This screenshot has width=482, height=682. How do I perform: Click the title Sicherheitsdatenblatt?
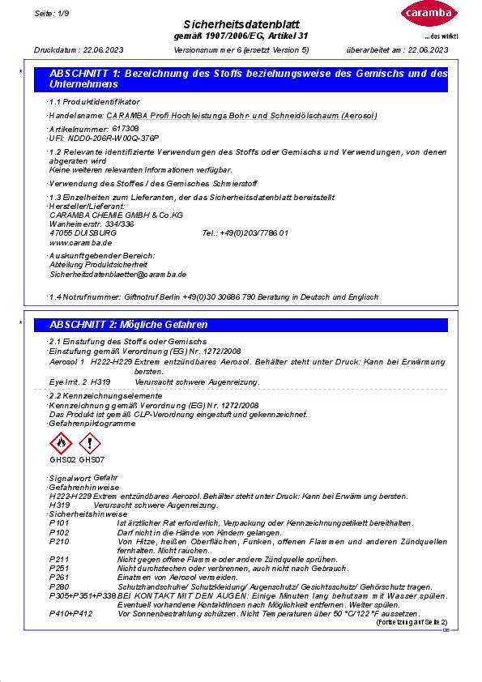point(241,25)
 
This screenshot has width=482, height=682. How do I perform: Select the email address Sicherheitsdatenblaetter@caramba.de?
point(118,275)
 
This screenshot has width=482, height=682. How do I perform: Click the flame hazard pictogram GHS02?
point(62,443)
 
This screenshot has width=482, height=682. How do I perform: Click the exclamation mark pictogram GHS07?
point(90,443)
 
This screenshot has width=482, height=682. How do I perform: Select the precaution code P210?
point(59,541)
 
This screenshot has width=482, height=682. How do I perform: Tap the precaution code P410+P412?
point(66,613)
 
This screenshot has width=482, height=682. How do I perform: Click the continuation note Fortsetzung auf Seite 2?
point(412,621)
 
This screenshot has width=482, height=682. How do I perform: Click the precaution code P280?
point(59,586)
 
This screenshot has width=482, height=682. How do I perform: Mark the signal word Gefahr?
point(105,478)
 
